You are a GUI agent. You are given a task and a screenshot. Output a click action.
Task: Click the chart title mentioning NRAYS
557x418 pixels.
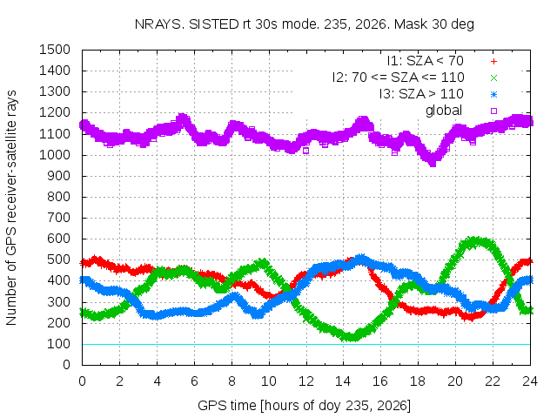(x=304, y=24)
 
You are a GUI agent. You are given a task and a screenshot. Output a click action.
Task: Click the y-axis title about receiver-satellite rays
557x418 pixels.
(x=11, y=207)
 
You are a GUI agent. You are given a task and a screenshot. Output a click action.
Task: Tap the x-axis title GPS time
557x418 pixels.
(x=304, y=405)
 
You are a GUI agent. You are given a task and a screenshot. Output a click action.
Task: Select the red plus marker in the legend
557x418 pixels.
(x=493, y=62)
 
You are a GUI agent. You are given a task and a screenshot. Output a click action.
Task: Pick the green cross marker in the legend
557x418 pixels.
(x=493, y=78)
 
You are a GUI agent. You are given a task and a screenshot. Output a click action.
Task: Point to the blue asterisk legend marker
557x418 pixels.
(x=493, y=95)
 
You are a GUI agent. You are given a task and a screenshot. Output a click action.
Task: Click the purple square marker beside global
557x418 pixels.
(x=493, y=111)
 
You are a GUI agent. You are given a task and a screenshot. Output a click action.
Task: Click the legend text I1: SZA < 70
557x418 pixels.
(x=426, y=61)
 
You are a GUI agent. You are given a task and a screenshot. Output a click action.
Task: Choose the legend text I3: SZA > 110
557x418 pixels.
(x=421, y=94)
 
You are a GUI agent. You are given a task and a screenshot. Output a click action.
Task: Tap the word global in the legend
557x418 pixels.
(x=444, y=111)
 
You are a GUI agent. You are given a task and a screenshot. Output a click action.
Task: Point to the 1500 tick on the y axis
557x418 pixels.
(x=55, y=50)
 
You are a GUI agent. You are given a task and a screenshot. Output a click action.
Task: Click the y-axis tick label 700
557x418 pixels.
(x=58, y=218)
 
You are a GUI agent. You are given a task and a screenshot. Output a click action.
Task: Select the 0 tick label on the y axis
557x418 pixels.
(x=66, y=365)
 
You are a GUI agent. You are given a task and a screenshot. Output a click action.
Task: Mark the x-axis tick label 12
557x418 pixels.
(x=305, y=381)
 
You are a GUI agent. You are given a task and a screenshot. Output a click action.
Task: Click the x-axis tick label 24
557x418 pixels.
(x=530, y=381)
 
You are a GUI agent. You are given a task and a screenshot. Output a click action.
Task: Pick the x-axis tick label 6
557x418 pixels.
(x=194, y=381)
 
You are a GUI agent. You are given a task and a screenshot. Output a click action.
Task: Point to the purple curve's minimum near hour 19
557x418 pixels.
(x=433, y=163)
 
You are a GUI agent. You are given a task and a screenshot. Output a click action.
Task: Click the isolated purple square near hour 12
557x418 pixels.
(x=305, y=151)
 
